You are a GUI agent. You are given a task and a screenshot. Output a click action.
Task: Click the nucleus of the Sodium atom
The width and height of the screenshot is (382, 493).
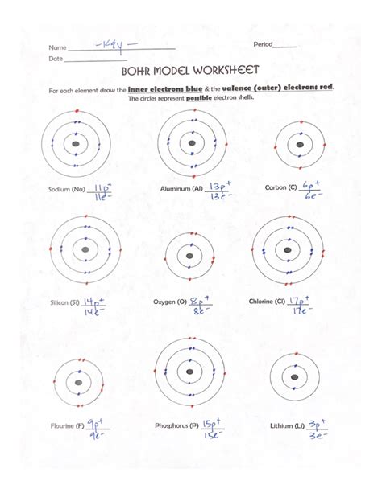coord(75,144)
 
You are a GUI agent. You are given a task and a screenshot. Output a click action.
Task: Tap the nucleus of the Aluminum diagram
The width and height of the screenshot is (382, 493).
coord(191,144)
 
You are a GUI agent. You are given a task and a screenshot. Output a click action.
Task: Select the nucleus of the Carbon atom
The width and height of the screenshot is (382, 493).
coord(300,144)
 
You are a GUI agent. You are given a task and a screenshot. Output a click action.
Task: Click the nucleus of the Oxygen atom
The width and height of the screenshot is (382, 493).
coord(189,257)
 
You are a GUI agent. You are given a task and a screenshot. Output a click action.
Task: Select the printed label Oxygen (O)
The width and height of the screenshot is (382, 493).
coord(170,302)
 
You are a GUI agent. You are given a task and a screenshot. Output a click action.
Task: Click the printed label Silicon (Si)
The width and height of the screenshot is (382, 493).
coord(63,302)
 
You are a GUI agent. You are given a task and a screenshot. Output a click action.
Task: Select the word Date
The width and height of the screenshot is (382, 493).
coord(56,59)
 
